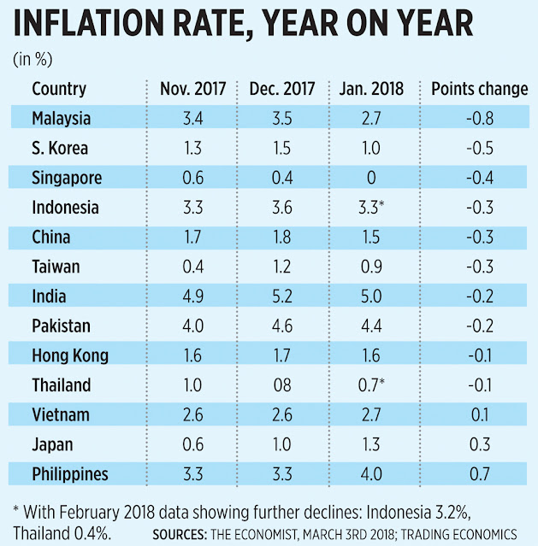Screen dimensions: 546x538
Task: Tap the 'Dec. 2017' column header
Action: pyautogui.click(x=282, y=89)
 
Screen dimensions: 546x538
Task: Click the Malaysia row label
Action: pyautogui.click(x=62, y=118)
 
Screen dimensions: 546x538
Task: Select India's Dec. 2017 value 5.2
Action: pyautogui.click(x=282, y=296)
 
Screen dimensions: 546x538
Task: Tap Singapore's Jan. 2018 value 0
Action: pyautogui.click(x=370, y=178)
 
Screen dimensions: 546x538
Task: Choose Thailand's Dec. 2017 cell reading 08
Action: pyautogui.click(x=282, y=385)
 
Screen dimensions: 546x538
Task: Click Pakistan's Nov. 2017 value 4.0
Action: pyautogui.click(x=192, y=326)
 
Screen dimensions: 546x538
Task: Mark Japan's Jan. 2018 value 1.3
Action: pyautogui.click(x=370, y=443)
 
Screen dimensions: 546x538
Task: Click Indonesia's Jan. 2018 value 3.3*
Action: pyautogui.click(x=372, y=207)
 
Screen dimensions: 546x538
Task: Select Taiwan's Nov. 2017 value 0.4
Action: pyautogui.click(x=192, y=267)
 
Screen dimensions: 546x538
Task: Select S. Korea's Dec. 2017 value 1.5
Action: pyautogui.click(x=282, y=148)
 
